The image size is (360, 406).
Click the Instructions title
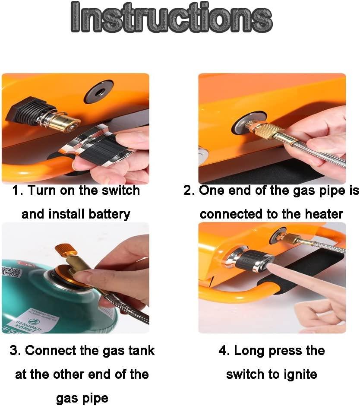pyautogui.click(x=171, y=17)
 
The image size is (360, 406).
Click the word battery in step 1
pyautogui.click(x=110, y=215)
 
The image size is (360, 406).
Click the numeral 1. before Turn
pyautogui.click(x=19, y=190)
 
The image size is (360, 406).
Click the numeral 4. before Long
pyautogui.click(x=224, y=351)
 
